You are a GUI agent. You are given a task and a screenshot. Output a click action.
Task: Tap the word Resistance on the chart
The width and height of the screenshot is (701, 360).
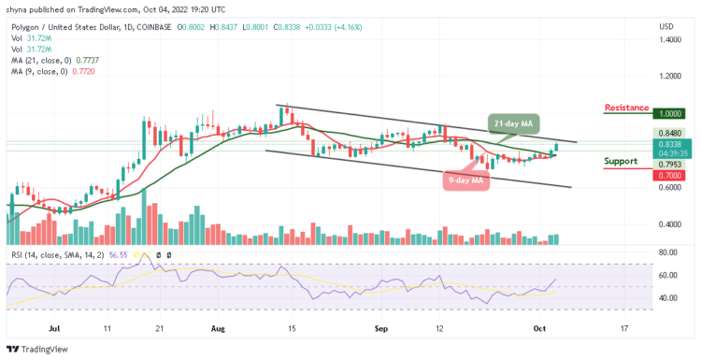pyautogui.click(x=627, y=108)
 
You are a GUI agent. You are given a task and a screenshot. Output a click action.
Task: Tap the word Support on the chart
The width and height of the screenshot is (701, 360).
pyautogui.click(x=622, y=161)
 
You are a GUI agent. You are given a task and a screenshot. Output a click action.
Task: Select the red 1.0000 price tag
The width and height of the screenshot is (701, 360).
pyautogui.click(x=669, y=112)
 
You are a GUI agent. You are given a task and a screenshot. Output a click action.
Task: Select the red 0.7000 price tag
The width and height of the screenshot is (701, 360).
pyautogui.click(x=669, y=175)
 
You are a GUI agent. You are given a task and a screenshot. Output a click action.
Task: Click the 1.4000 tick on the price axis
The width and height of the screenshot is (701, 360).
pyautogui.click(x=669, y=40)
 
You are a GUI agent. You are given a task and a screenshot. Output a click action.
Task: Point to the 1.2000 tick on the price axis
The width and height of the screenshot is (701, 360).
pyautogui.click(x=669, y=76)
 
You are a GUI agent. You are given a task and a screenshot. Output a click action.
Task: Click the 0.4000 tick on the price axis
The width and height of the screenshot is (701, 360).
pyautogui.click(x=669, y=224)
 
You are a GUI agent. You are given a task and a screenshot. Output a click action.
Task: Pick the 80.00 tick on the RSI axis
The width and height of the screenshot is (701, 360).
pyautogui.click(x=667, y=252)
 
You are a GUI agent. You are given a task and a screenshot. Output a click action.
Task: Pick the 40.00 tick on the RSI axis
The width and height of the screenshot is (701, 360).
pyautogui.click(x=667, y=298)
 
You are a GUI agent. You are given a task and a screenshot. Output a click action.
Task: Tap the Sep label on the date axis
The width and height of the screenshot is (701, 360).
pyautogui.click(x=382, y=328)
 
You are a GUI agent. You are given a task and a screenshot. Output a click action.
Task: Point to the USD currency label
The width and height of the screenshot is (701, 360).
pyautogui.click(x=666, y=25)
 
